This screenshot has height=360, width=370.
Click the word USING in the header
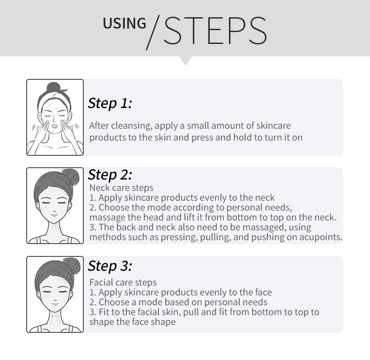[124, 23]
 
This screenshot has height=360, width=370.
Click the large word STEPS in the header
[215, 31]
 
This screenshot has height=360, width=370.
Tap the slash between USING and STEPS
[153, 33]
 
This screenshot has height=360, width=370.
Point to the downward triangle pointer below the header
[185, 61]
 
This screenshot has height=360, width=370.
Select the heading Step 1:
[110, 104]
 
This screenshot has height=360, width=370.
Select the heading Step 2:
[110, 175]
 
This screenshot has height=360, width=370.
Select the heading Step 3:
[110, 266]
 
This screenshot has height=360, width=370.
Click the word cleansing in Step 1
[132, 126]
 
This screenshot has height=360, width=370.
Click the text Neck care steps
[121, 188]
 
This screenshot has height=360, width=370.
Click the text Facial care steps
[123, 283]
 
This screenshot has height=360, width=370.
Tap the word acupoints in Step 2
[321, 237]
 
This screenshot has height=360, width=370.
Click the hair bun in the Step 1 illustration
[54, 88]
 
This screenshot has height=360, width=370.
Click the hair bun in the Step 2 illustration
[71, 177]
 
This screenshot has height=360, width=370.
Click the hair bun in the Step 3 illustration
[72, 266]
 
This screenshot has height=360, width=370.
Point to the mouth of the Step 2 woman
[54, 215]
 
